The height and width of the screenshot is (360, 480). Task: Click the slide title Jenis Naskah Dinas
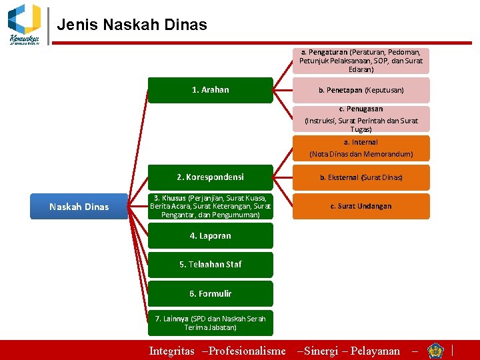[x=132, y=25]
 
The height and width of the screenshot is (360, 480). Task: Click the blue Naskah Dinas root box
[x=79, y=207]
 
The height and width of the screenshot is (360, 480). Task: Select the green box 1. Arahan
[x=210, y=90]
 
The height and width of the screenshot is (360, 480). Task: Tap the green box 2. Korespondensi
[x=210, y=177]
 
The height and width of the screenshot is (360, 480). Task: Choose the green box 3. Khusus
[x=210, y=207]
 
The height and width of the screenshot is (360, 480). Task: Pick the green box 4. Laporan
[x=210, y=235]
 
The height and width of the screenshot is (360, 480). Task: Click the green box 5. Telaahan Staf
[x=210, y=265]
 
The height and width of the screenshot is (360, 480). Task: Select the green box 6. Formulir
[x=210, y=293]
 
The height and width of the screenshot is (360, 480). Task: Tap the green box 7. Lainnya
[x=210, y=323]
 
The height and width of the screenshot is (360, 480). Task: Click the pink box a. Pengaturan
[x=361, y=61]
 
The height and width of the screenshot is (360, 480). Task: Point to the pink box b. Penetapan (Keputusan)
[x=361, y=90]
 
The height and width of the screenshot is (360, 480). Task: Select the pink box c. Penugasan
[x=361, y=119]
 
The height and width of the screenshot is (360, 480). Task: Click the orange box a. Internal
[x=361, y=148]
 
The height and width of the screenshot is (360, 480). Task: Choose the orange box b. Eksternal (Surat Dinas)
[x=361, y=177]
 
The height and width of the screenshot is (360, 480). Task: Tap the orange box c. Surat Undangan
[x=361, y=206]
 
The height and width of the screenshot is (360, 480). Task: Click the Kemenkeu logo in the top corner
[x=25, y=23]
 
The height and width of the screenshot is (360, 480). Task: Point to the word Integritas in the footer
[x=171, y=351]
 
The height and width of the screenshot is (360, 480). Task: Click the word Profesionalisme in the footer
[x=247, y=351]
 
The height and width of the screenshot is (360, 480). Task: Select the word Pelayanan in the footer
[x=375, y=351]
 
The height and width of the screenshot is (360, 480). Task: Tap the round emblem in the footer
[x=436, y=351]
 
